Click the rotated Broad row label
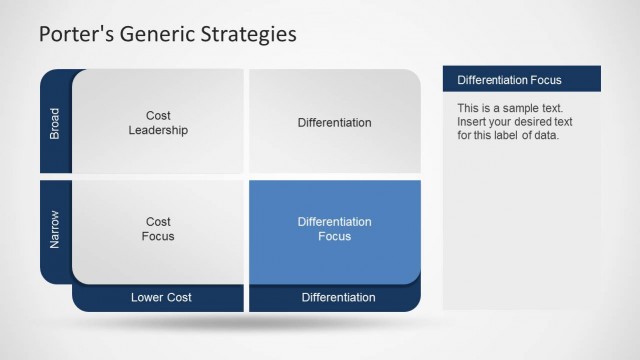55,122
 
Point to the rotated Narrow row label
55,229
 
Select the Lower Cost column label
161,297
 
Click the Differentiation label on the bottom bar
338,297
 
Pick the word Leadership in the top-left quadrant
158,130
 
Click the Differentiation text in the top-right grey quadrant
334,123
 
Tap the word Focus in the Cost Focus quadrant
158,237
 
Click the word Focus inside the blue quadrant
334,237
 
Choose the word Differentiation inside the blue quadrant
334,222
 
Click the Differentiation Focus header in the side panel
509,79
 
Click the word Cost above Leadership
158,116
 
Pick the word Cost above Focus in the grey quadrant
158,222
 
